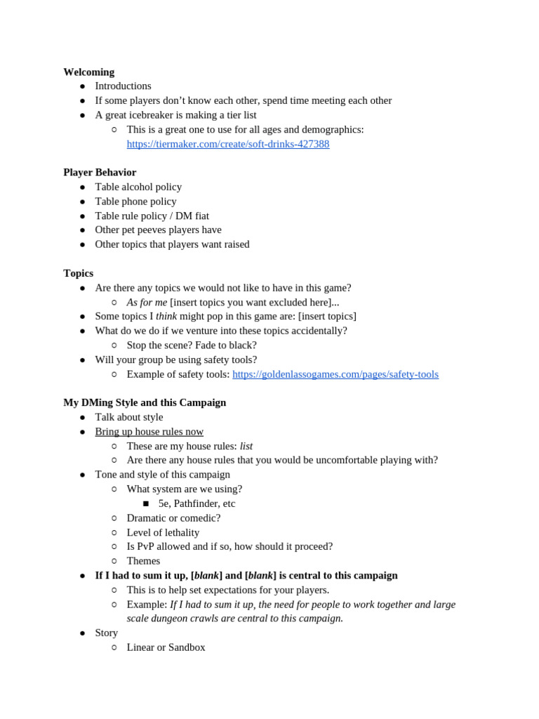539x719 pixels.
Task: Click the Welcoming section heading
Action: tap(88, 72)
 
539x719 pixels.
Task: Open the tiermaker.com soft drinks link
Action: tap(227, 144)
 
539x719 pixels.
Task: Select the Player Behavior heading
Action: tap(100, 172)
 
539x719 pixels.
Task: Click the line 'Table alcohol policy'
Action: tap(138, 187)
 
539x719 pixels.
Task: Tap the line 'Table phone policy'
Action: tap(135, 202)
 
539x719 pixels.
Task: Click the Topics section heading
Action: tap(78, 273)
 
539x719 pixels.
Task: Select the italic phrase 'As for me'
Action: tap(147, 302)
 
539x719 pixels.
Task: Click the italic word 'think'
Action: tap(166, 316)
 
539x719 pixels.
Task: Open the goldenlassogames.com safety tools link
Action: tap(335, 374)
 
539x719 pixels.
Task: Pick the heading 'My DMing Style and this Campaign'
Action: tap(145, 402)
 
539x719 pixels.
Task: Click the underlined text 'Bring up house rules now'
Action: tap(149, 431)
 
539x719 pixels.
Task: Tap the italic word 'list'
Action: tap(246, 446)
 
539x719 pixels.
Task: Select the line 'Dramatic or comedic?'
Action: tap(173, 517)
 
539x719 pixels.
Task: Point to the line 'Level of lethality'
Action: tap(163, 532)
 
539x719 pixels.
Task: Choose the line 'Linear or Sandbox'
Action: tap(166, 647)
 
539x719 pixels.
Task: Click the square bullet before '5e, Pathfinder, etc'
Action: tap(146, 503)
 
